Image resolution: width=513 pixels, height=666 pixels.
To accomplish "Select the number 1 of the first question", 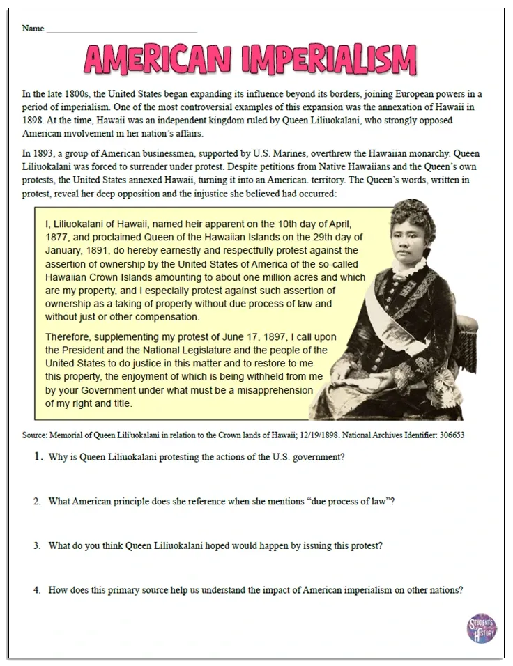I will point(38,458).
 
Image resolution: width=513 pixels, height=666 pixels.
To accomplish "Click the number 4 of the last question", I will point(37,589).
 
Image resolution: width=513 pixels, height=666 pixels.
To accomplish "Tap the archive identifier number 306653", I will point(450,434).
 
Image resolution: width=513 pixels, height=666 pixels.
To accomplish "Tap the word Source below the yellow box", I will point(35,434).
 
